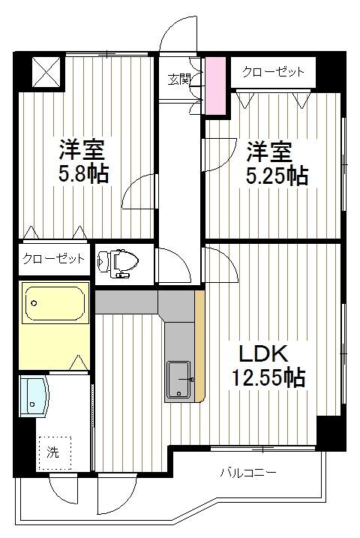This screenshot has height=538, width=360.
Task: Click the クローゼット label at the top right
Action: tap(273, 72)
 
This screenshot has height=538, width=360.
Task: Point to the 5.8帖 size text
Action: tap(84, 173)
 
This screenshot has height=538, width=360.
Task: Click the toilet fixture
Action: tap(119, 262)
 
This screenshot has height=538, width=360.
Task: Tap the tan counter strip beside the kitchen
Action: tap(199, 346)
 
